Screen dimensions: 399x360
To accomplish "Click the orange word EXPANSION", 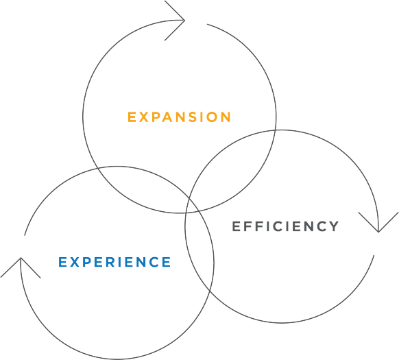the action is tap(179, 117).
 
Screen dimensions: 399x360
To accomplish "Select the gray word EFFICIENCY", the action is tap(285, 226).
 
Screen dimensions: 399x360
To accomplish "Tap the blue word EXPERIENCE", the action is tap(114, 262).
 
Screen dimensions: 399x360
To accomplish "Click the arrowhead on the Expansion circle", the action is tap(175, 21).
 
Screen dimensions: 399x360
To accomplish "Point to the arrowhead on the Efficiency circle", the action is tap(378, 222).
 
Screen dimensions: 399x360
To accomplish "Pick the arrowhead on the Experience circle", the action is tap(21, 267).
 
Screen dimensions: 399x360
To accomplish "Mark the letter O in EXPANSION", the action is tap(212, 117).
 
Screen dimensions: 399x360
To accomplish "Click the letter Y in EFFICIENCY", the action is tap(334, 226).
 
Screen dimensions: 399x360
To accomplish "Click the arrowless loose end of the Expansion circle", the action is tap(207, 25).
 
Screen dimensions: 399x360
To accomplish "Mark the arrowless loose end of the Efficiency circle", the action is tap(374, 255).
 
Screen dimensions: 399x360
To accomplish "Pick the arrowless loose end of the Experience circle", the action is tap(25, 235).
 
